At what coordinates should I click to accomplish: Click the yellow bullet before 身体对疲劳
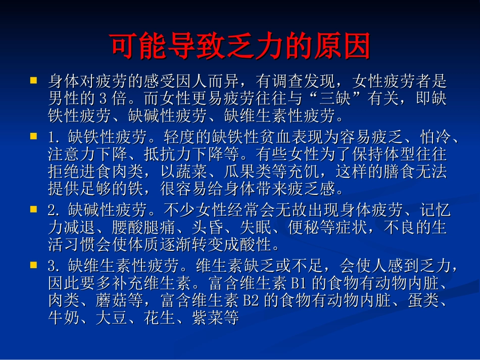[34, 80]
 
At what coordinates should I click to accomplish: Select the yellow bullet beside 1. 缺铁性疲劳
[34, 136]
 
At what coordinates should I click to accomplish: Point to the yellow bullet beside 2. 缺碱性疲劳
[34, 209]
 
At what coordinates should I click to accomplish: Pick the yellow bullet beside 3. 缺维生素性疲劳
[34, 264]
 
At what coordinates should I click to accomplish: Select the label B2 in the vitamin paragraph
[251, 301]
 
